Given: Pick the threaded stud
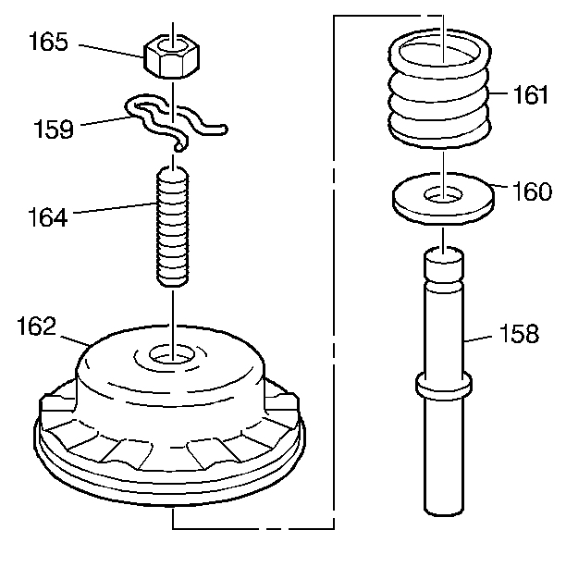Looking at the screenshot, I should pyautogui.click(x=173, y=226).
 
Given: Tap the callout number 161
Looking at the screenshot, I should pyautogui.click(x=531, y=95).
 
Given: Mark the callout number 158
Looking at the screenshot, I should pyautogui.click(x=518, y=333).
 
